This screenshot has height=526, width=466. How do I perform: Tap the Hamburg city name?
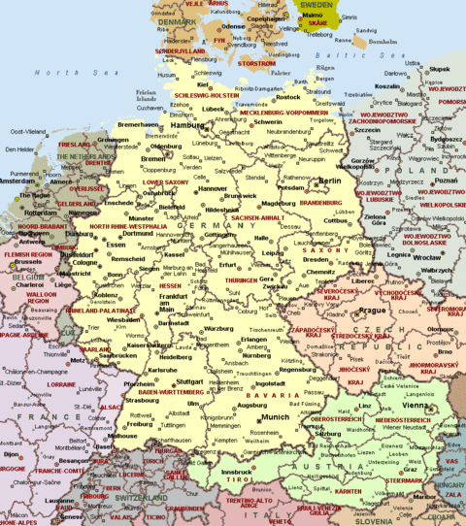pyautogui.click(x=188, y=125)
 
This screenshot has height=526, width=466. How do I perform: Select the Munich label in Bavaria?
pyautogui.click(x=276, y=416)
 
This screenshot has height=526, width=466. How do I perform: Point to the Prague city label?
pyautogui.click(x=372, y=311)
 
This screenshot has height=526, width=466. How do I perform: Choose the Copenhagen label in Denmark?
pyautogui.click(x=266, y=18)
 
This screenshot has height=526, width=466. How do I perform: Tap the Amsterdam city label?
pyautogui.click(x=16, y=181)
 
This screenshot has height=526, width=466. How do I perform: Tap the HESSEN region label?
pyautogui.click(x=169, y=287)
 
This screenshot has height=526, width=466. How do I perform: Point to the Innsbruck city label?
pyautogui.click(x=236, y=473)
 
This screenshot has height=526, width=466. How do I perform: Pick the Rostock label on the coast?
pyautogui.click(x=288, y=98)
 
